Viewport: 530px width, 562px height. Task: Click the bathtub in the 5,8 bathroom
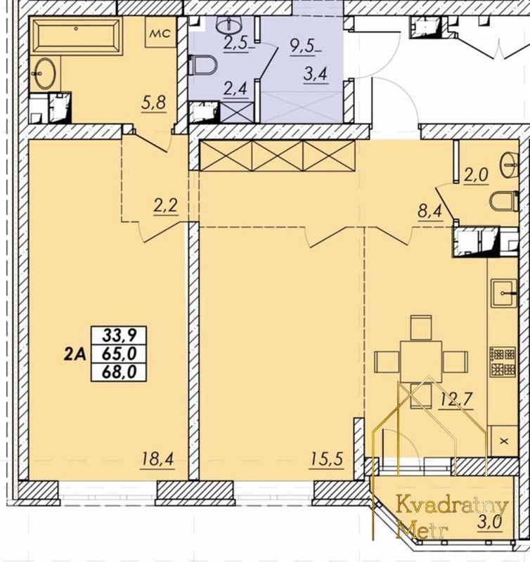(x=78, y=36)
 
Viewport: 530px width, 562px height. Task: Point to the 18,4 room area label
(x=158, y=459)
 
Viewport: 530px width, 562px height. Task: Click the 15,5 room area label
(x=327, y=459)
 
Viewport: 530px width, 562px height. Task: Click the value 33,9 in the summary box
(x=119, y=336)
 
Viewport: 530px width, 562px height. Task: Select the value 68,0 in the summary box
(x=119, y=372)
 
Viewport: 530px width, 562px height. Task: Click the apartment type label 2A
(x=75, y=354)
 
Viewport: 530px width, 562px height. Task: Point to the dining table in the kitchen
(x=421, y=362)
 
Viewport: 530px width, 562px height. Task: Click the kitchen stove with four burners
(x=503, y=362)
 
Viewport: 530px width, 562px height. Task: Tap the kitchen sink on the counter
(x=504, y=294)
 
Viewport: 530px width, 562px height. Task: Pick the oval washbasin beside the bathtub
(x=43, y=74)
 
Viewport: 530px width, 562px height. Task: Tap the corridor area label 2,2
(x=166, y=207)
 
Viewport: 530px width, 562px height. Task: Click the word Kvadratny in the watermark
(x=452, y=506)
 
